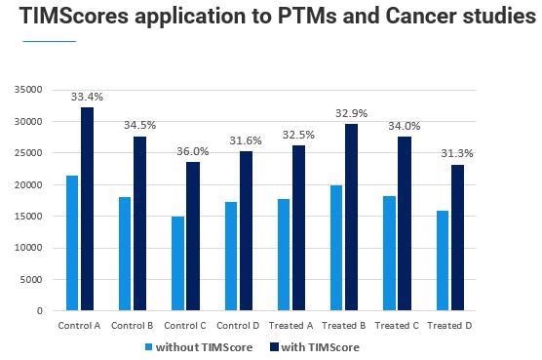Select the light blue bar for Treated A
click(284, 255)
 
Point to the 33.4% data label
click(87, 97)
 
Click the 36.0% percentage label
click(192, 151)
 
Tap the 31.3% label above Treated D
click(457, 153)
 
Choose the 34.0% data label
click(404, 126)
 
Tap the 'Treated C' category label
click(396, 324)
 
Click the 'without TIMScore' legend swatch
click(149, 347)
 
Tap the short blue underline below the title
click(48, 42)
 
